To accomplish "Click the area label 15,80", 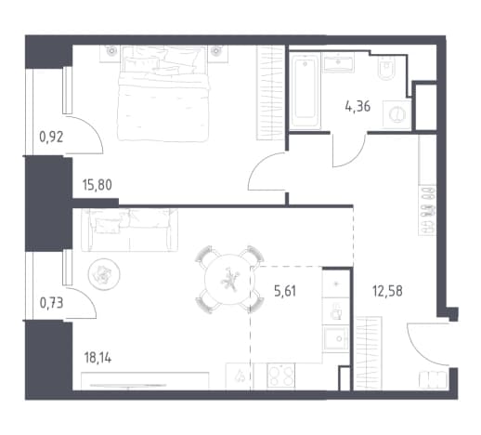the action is point(97,185).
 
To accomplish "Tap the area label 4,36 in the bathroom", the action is point(357,106).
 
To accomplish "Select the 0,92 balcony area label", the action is point(51,137).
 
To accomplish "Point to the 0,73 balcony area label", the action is point(51,303).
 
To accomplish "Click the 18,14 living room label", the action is point(97,358).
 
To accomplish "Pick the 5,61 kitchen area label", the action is point(285,291).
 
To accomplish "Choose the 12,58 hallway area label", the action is point(387,291).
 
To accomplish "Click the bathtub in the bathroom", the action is point(305,91).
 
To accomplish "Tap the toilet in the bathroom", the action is point(386,68).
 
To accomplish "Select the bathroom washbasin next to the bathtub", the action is point(338,63).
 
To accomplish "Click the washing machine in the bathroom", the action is point(396,114).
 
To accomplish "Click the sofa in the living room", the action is point(129,230).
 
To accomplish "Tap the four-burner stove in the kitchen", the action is point(281,376).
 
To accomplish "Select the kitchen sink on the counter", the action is point(336,338).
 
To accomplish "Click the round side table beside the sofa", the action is point(104,274).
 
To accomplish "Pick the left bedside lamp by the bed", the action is point(110,51).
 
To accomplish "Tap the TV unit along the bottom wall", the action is point(145,381).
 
